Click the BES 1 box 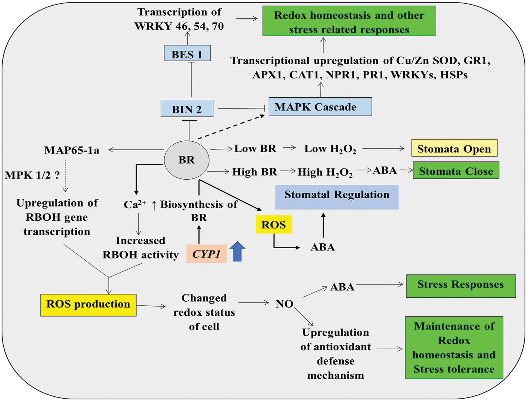[187, 53]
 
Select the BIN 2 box [187, 109]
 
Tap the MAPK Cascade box [320, 107]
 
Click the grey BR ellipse [187, 160]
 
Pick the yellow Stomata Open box [454, 148]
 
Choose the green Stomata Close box [456, 170]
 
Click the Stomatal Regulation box [336, 197]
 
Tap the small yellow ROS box [274, 224]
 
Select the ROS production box [88, 305]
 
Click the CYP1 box [207, 253]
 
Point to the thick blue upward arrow [237, 251]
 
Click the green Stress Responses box [461, 286]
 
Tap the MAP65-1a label [72, 150]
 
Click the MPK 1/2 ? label [32, 175]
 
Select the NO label [284, 304]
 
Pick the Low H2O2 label [330, 149]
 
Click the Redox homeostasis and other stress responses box [349, 21]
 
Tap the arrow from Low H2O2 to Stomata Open [383, 149]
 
